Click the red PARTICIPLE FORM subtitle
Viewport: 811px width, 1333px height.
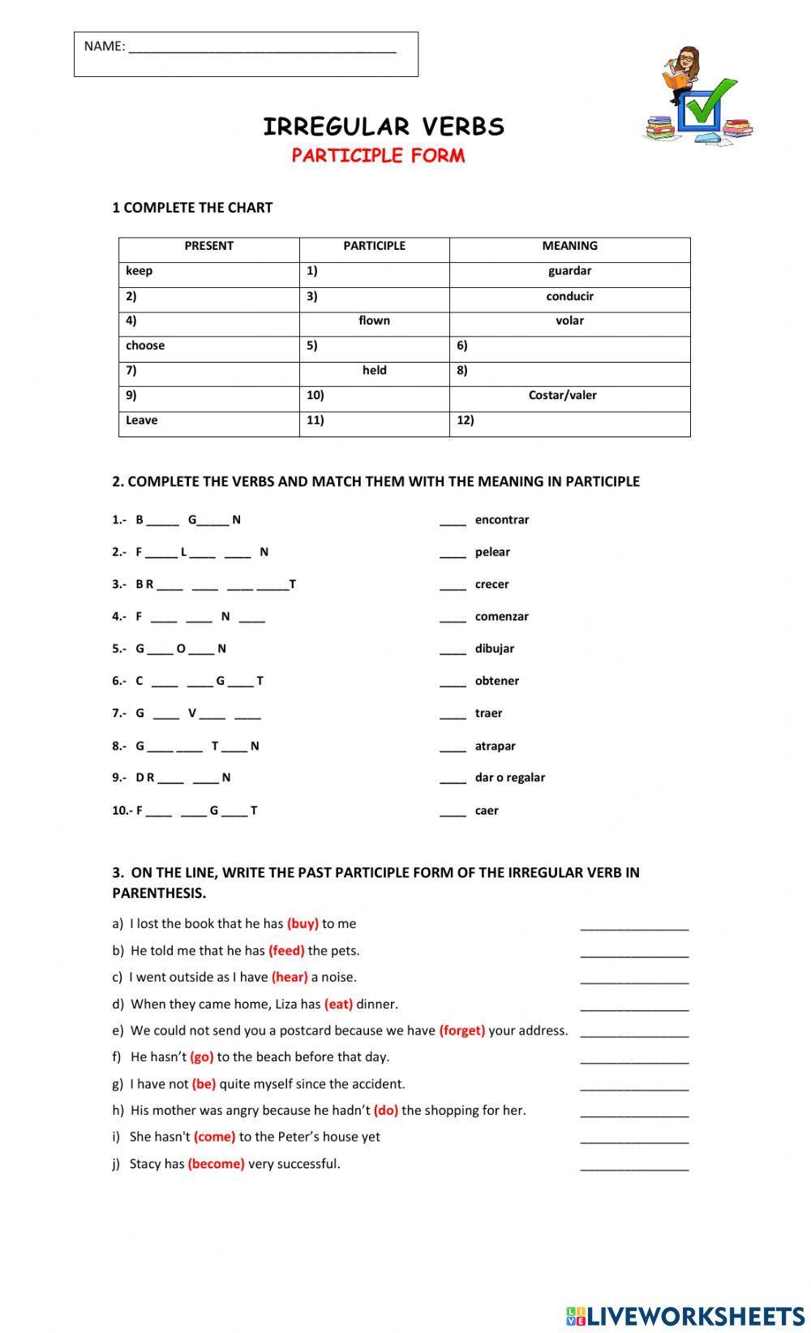click(x=378, y=155)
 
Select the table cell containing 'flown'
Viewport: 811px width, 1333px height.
click(x=374, y=320)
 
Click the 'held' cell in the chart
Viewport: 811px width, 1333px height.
click(x=374, y=370)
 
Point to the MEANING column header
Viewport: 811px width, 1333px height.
click(x=569, y=246)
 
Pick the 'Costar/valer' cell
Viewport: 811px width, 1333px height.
click(x=562, y=395)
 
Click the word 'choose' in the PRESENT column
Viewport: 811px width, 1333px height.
click(x=145, y=346)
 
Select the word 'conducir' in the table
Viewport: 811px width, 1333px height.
click(x=569, y=296)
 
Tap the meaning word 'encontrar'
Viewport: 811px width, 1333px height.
click(x=501, y=520)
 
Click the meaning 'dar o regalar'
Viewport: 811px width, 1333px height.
click(x=509, y=777)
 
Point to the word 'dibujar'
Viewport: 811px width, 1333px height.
click(x=494, y=649)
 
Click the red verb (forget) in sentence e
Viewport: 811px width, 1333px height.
click(x=462, y=1030)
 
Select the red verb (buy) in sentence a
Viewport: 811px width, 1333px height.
click(x=303, y=923)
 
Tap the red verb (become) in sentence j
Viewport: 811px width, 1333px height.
click(x=216, y=1163)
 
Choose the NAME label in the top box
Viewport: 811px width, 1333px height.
click(x=105, y=46)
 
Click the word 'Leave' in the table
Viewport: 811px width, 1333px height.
click(x=142, y=420)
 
